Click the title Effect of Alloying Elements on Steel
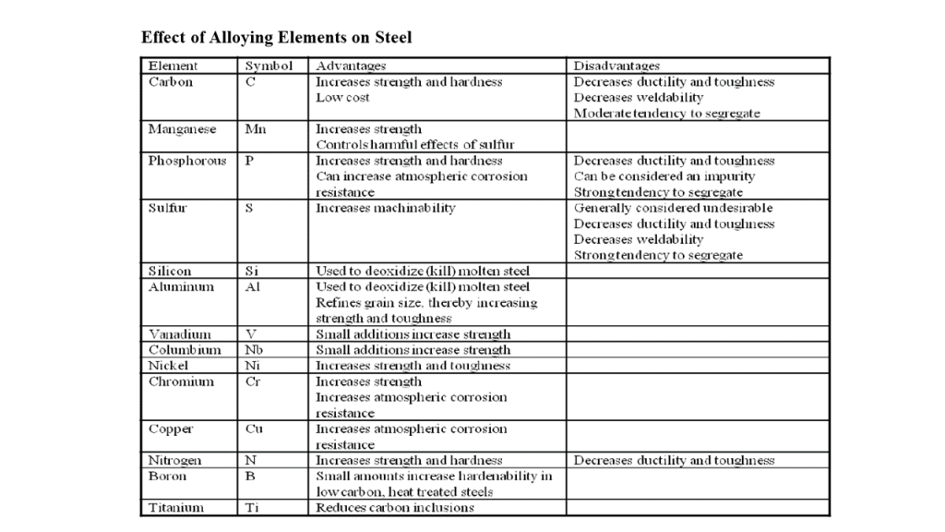276,38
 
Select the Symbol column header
269,66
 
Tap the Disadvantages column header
616,66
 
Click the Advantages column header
351,66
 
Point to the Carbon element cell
171,82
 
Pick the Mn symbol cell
256,129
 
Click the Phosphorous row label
187,161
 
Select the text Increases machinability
386,209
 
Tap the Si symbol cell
253,272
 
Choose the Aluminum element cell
181,287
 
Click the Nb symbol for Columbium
254,350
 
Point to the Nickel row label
169,366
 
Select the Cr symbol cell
254,381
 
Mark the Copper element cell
170,429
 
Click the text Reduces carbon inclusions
395,508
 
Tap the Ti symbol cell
252,508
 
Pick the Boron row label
167,477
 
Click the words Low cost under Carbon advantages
342,98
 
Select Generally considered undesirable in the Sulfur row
674,209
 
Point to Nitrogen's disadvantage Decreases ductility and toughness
674,461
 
